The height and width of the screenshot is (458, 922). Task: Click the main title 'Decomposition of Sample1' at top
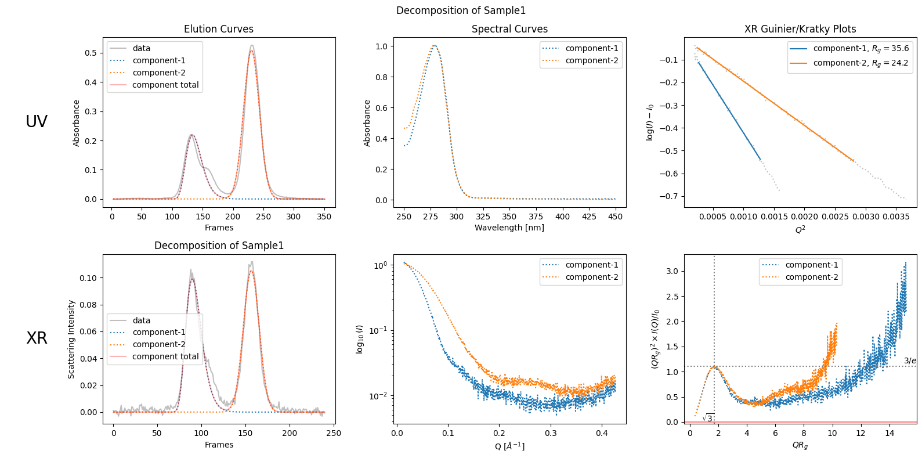click(x=461, y=10)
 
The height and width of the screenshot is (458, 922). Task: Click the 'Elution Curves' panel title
click(x=218, y=29)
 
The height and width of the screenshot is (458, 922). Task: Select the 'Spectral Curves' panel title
click(x=509, y=29)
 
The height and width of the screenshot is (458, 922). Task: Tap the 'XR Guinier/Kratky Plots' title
click(x=800, y=29)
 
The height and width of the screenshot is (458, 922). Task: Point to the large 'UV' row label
click(x=37, y=121)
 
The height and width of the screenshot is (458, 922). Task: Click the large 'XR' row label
click(x=37, y=338)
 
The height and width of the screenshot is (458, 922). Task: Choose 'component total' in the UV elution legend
click(x=165, y=85)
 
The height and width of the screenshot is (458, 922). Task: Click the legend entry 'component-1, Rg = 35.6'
click(x=860, y=49)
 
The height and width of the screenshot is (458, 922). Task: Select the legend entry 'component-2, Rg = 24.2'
click(x=860, y=63)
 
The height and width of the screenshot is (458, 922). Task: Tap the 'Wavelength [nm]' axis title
click(x=509, y=228)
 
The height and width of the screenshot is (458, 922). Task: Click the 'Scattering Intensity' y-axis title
click(x=71, y=339)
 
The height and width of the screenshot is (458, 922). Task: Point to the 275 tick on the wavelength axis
click(x=430, y=217)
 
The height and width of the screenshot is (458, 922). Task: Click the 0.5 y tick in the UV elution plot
click(x=91, y=53)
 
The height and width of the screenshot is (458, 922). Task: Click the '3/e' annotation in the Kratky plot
click(x=910, y=360)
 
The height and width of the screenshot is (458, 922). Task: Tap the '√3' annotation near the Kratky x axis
click(x=708, y=418)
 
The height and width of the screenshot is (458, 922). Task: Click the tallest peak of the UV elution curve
click(x=251, y=46)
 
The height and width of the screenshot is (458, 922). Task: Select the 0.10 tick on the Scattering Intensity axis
click(x=88, y=278)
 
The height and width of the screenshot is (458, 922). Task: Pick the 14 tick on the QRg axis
click(x=890, y=433)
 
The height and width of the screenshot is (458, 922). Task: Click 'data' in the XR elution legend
click(x=141, y=320)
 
